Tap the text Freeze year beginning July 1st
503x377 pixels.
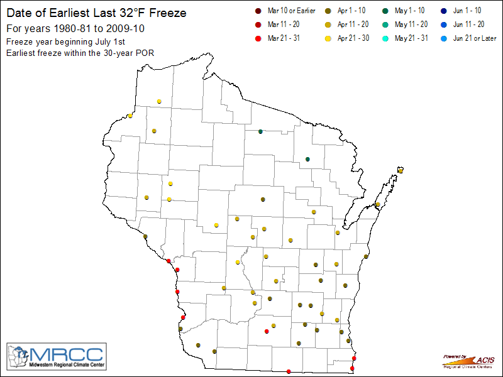[67, 41]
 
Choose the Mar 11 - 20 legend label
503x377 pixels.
[284, 25]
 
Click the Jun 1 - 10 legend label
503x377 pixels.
[468, 11]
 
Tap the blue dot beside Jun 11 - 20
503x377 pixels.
[443, 25]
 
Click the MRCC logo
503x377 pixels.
[57, 357]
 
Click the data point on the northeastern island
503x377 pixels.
[401, 170]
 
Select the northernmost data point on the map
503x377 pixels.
[160, 101]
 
